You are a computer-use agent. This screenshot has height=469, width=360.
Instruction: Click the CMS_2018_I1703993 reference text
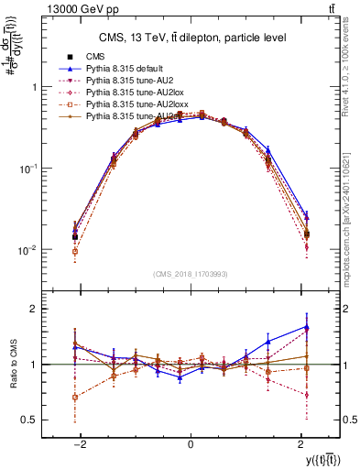(190, 274)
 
